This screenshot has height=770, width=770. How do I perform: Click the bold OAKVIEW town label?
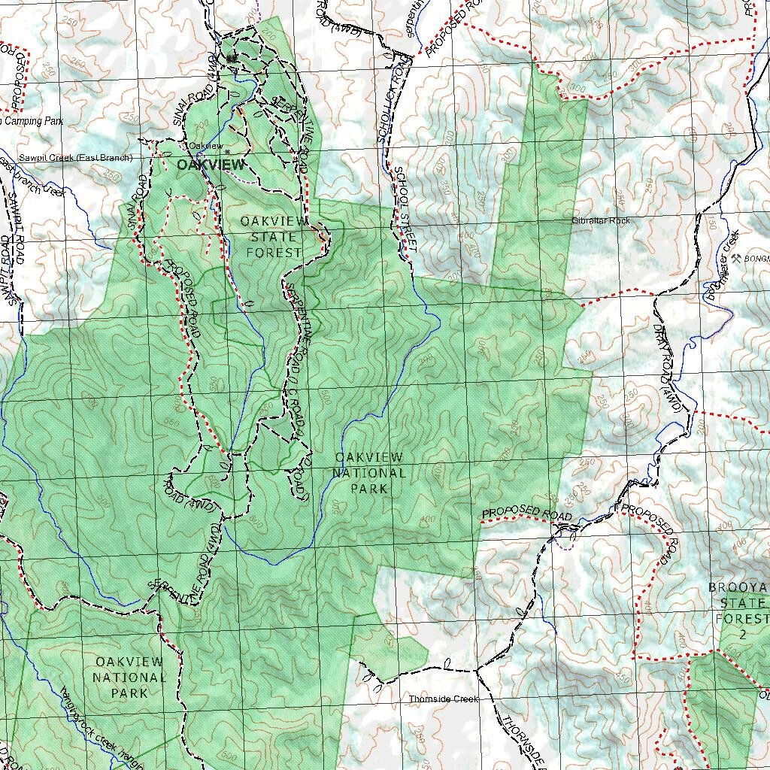point(211,165)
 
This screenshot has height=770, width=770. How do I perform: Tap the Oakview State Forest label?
point(274,236)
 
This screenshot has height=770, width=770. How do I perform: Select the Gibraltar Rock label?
point(600,220)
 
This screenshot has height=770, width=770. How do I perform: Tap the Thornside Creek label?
point(443,699)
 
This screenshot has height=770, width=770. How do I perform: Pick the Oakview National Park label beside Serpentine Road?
point(368,473)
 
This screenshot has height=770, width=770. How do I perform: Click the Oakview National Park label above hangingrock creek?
point(129,677)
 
